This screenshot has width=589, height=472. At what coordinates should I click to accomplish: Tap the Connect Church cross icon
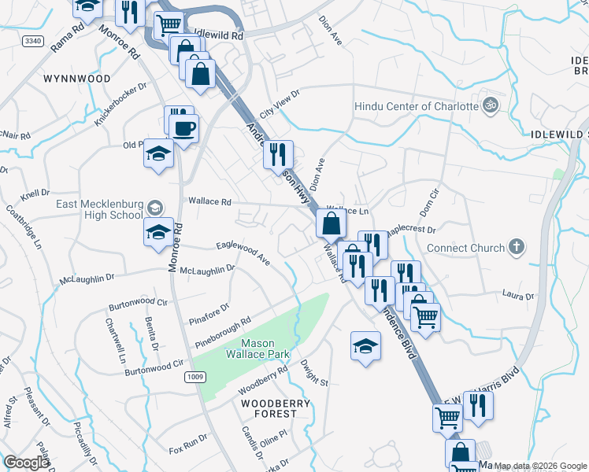click(x=516, y=248)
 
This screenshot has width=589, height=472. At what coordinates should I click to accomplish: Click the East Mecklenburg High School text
click(x=99, y=210)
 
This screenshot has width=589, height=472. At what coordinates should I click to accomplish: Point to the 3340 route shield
click(x=32, y=40)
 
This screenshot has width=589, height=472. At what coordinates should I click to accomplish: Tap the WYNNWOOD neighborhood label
click(x=77, y=79)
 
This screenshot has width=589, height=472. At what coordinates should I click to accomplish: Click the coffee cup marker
click(x=184, y=128)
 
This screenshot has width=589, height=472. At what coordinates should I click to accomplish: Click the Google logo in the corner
click(x=26, y=463)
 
